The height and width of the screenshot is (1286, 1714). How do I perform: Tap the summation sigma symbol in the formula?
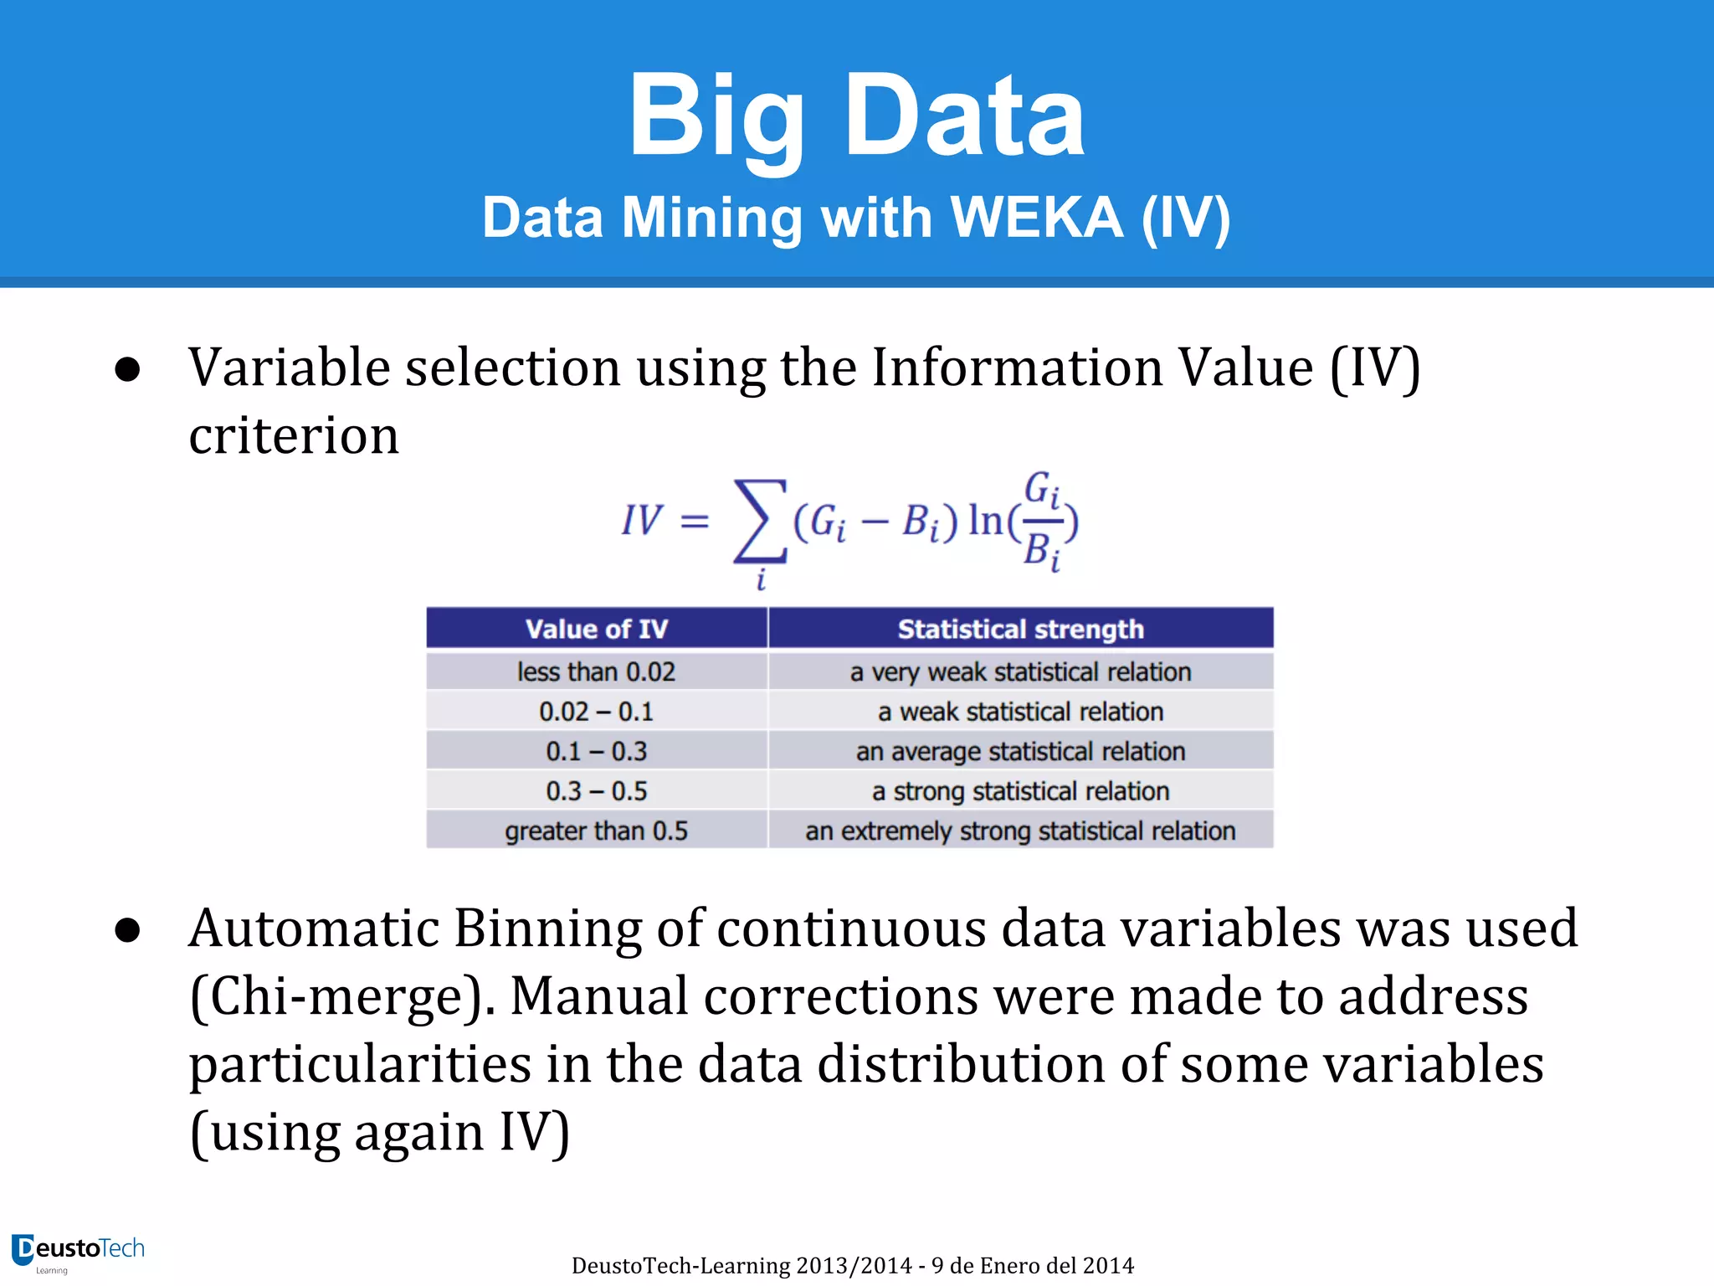pyautogui.click(x=760, y=521)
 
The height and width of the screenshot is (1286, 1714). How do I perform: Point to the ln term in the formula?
pyautogui.click(x=985, y=521)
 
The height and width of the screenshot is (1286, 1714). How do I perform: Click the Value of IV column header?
pyautogui.click(x=596, y=629)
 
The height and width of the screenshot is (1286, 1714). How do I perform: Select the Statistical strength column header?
pyautogui.click(x=1020, y=629)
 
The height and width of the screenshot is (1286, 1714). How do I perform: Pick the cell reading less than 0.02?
pyautogui.click(x=596, y=671)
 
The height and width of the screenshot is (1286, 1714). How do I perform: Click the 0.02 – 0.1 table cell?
pyautogui.click(x=596, y=712)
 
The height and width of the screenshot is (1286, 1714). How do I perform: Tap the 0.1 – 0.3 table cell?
pyautogui.click(x=596, y=751)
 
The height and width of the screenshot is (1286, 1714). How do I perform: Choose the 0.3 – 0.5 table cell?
pyautogui.click(x=596, y=791)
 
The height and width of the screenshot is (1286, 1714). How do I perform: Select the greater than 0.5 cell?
pyautogui.click(x=596, y=831)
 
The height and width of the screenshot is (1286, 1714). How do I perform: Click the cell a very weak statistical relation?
pyautogui.click(x=1020, y=671)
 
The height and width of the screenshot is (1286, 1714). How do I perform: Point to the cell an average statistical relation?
pyautogui.click(x=1020, y=751)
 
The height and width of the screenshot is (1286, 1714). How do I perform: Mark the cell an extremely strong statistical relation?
pyautogui.click(x=1020, y=831)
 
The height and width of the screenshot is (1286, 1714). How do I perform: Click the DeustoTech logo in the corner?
pyautogui.click(x=77, y=1252)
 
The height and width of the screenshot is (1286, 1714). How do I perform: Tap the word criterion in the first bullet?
pyautogui.click(x=294, y=435)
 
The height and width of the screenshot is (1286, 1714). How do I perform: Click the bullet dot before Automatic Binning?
pyautogui.click(x=127, y=930)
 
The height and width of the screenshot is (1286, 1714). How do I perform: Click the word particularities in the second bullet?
pyautogui.click(x=360, y=1065)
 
